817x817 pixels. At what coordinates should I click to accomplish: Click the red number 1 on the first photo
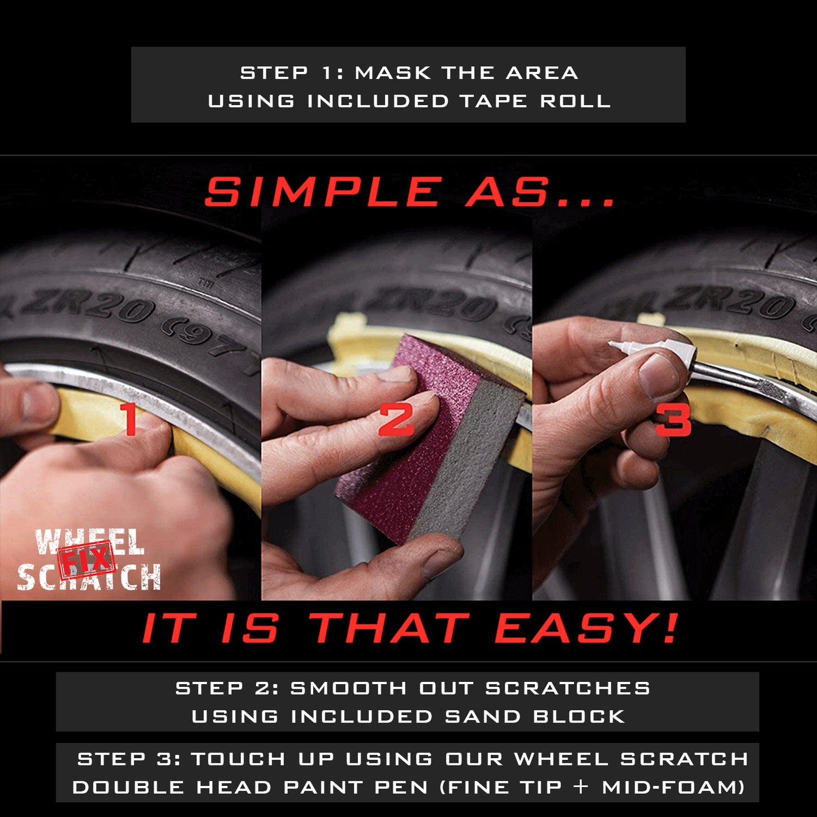131,420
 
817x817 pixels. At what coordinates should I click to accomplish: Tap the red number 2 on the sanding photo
396,421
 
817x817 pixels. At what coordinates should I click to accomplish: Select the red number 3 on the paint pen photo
673,421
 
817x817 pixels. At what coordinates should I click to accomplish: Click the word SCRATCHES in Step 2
568,688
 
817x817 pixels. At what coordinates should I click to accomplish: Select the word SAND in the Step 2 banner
482,716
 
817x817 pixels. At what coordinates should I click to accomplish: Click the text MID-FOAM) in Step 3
673,787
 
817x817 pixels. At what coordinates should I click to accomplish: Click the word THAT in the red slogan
390,628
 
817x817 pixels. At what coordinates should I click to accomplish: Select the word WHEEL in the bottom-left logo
89,541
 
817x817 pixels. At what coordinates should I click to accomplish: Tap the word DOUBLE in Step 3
128,787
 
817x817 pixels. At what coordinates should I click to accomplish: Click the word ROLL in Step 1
575,101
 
